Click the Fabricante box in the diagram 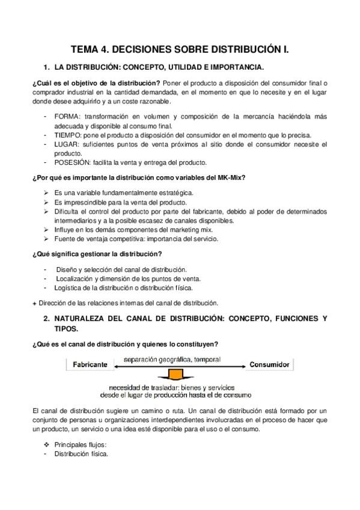(90, 364)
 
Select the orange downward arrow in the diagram (175, 375)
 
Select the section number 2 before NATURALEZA (45, 318)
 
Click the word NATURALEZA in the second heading (86, 318)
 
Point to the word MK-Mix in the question (232, 179)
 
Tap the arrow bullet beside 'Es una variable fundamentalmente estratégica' (46, 192)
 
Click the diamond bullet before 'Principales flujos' (46, 445)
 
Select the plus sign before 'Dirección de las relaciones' (33, 303)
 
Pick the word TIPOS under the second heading (66, 328)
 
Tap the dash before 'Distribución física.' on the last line (46, 454)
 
